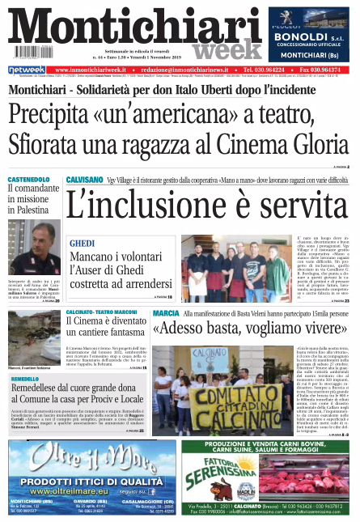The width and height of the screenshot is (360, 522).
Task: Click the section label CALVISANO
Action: click(x=84, y=179)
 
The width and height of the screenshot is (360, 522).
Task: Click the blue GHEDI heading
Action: click(x=82, y=244)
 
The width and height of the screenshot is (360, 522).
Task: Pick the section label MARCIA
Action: click(x=165, y=313)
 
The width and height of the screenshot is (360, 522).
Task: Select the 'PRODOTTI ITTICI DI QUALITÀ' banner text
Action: click(x=80, y=482)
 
